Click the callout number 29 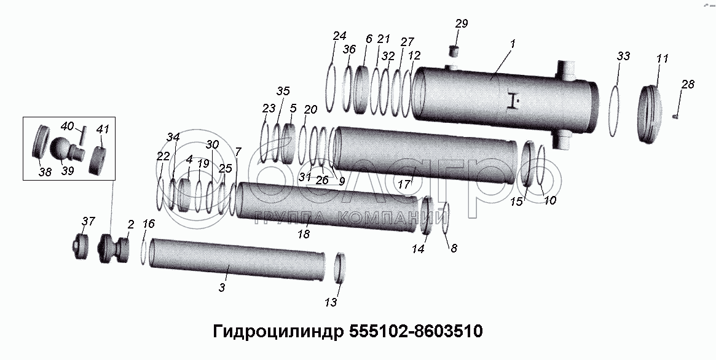click(x=461, y=24)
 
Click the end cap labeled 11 click(x=650, y=114)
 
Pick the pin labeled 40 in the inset click(x=82, y=136)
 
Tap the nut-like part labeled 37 click(x=81, y=246)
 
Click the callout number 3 click(x=222, y=288)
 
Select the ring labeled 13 click(x=340, y=268)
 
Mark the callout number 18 click(x=304, y=234)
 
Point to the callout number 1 click(x=513, y=44)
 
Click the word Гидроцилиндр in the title click(x=278, y=332)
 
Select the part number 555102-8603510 click(x=415, y=331)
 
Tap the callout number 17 click(x=404, y=186)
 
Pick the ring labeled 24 click(x=331, y=87)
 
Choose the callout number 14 click(x=419, y=249)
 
